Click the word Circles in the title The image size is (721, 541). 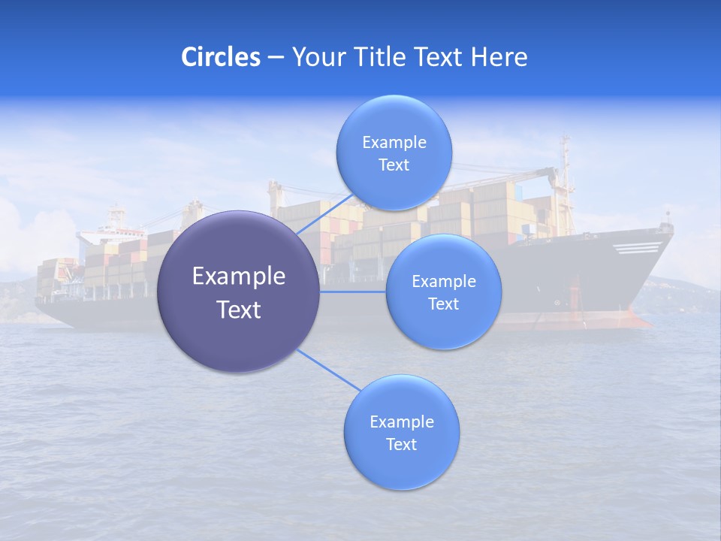(x=220, y=57)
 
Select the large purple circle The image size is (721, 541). (x=238, y=292)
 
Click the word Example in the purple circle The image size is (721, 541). (x=239, y=277)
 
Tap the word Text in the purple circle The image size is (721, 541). (x=239, y=310)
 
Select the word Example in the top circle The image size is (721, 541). (x=394, y=143)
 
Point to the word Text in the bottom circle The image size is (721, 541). (x=401, y=444)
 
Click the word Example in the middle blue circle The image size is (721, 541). (x=443, y=282)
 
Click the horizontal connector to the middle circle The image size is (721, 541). (x=353, y=292)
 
